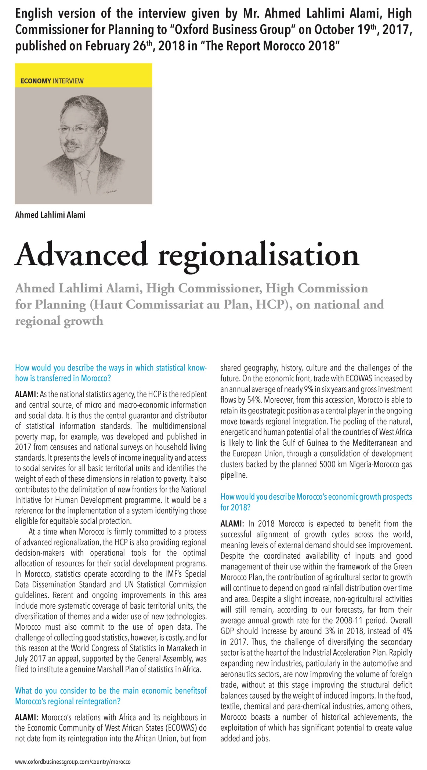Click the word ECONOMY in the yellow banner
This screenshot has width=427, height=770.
click(x=36, y=81)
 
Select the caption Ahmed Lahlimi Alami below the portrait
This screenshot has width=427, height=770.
click(x=50, y=215)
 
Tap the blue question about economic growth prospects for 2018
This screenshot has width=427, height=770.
click(x=316, y=501)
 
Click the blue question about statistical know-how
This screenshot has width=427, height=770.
click(x=111, y=373)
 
